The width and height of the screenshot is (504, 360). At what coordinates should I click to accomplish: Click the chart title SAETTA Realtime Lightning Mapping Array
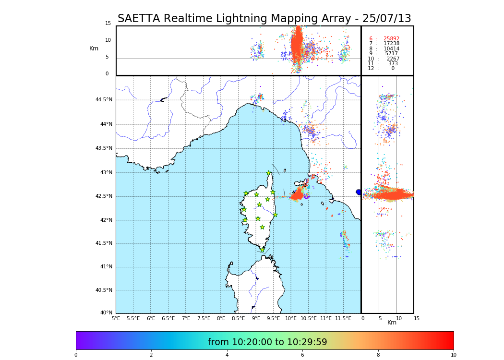click(x=264, y=19)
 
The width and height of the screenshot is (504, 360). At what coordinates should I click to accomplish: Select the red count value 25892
click(x=391, y=38)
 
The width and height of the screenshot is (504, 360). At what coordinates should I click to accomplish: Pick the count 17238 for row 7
click(x=391, y=44)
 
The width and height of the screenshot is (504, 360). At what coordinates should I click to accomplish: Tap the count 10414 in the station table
click(x=391, y=48)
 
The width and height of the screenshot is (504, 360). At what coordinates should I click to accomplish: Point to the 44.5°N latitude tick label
click(x=104, y=100)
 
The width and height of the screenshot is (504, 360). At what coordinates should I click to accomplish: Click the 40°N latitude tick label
click(x=106, y=313)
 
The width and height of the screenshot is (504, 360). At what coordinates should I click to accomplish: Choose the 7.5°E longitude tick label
click(x=204, y=318)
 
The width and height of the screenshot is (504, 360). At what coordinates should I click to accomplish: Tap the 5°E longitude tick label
click(x=116, y=318)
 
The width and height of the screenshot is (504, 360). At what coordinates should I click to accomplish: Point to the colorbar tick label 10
click(x=453, y=355)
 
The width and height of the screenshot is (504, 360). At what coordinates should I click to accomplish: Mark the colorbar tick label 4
click(x=227, y=355)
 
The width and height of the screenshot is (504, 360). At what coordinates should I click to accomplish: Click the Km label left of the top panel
click(x=94, y=48)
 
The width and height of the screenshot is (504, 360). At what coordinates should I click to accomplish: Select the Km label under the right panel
click(x=392, y=323)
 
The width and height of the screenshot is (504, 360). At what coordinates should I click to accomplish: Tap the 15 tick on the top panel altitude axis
click(x=108, y=23)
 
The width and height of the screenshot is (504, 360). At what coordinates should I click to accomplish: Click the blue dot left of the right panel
click(x=359, y=192)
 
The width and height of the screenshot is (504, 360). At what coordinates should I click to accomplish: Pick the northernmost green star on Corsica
click(x=269, y=173)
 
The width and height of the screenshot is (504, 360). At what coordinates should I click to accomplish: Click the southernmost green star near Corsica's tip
click(x=262, y=250)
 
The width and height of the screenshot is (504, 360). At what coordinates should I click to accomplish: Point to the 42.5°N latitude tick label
click(x=104, y=196)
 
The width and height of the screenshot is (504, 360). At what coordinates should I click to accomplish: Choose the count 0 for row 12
click(x=393, y=69)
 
